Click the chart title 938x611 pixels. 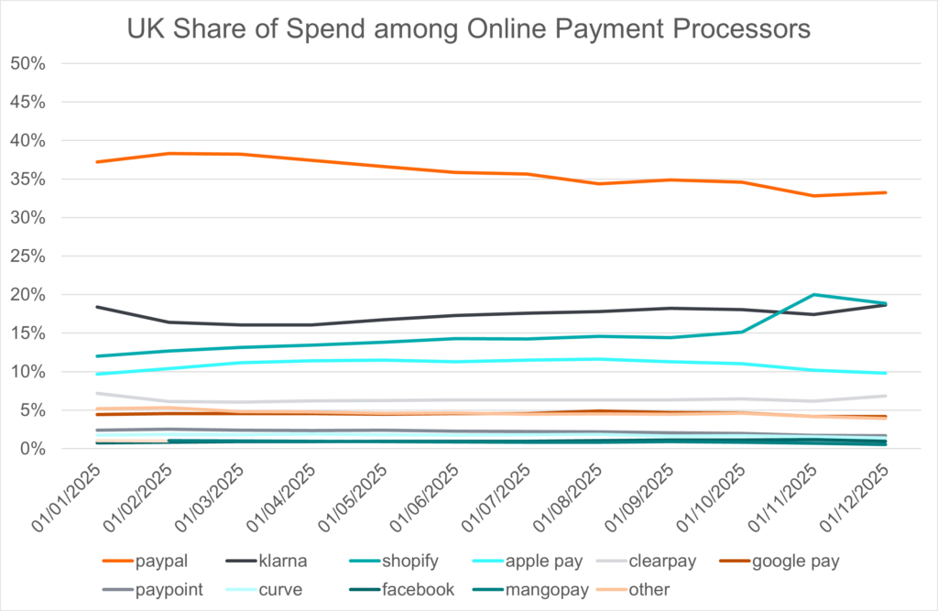[468, 29]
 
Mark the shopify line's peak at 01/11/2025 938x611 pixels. [813, 294]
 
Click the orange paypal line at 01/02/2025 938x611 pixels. [169, 153]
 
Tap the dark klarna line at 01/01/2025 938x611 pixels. [96, 307]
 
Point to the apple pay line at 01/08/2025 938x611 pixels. [595, 358]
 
